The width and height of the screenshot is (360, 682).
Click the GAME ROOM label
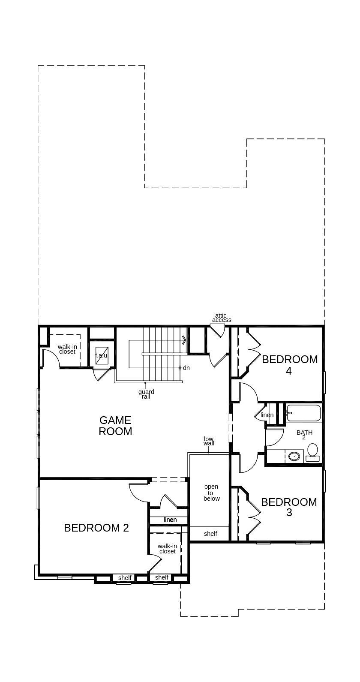pyautogui.click(x=115, y=426)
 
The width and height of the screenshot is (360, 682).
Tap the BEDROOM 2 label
pyautogui.click(x=96, y=528)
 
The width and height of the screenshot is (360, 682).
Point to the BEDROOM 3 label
pyautogui.click(x=289, y=507)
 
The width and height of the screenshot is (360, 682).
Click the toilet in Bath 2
pyautogui.click(x=312, y=452)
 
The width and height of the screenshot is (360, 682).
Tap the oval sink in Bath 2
pyautogui.click(x=294, y=456)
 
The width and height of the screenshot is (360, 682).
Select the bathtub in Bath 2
pyautogui.click(x=304, y=413)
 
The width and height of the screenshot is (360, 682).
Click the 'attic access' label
pyautogui.click(x=222, y=318)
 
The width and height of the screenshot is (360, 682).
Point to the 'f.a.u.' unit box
pyautogui.click(x=102, y=355)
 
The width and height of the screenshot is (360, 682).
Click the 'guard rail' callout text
pyautogui.click(x=147, y=394)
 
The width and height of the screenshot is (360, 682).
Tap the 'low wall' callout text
pyautogui.click(x=209, y=441)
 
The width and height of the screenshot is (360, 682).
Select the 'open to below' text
pyautogui.click(x=211, y=493)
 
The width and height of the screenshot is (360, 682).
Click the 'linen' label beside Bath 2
pyautogui.click(x=267, y=415)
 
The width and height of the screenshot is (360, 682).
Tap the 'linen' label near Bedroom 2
pyautogui.click(x=170, y=520)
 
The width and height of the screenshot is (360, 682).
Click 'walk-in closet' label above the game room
pyautogui.click(x=67, y=349)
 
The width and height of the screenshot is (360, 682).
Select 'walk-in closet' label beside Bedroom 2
pyautogui.click(x=168, y=549)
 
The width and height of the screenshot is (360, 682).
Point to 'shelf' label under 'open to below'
pyautogui.click(x=210, y=533)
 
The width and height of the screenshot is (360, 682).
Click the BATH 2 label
pyautogui.click(x=304, y=435)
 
